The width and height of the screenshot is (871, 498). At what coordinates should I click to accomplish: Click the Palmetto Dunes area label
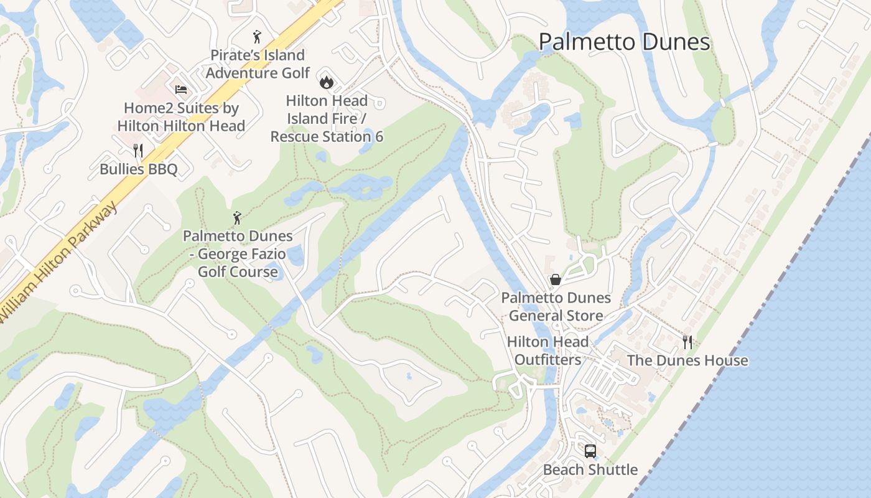click(x=624, y=42)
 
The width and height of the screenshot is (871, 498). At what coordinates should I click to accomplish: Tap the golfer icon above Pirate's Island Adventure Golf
click(x=257, y=37)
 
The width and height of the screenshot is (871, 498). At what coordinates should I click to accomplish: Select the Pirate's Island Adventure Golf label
click(x=258, y=64)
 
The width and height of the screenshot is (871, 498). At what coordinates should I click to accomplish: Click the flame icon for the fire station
click(x=326, y=82)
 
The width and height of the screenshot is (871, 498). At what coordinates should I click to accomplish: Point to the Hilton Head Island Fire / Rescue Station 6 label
click(x=327, y=118)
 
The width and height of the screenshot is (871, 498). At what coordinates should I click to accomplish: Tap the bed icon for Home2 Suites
click(x=181, y=90)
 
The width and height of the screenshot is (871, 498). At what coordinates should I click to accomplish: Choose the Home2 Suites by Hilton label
click(x=181, y=116)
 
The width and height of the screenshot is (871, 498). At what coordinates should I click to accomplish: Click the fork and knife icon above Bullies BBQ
click(x=138, y=151)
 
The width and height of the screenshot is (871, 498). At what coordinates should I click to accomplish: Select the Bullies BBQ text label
click(x=139, y=169)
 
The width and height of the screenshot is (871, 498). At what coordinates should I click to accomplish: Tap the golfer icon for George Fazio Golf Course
click(x=237, y=218)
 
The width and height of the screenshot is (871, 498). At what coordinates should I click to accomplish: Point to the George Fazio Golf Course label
click(x=238, y=254)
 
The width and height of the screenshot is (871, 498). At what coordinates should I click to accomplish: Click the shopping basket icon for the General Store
click(x=556, y=280)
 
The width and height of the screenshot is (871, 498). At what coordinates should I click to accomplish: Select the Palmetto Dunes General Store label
click(x=556, y=307)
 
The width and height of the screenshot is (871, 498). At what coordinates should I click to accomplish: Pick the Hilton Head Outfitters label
click(x=547, y=350)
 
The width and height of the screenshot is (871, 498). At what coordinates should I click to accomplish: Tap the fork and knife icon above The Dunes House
click(x=687, y=342)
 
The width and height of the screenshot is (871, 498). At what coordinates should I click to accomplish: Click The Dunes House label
click(x=687, y=360)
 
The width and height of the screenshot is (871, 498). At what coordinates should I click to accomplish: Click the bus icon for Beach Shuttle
click(x=590, y=451)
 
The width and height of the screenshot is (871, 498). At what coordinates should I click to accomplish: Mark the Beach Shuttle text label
click(x=590, y=469)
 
